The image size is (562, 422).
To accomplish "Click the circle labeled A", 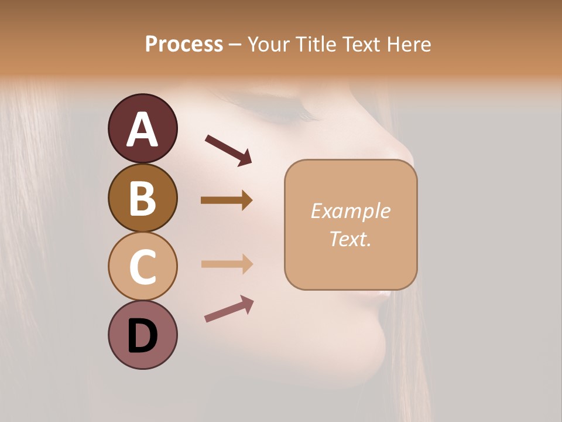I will click(x=142, y=128).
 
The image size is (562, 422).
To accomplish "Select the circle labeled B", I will click(x=142, y=198).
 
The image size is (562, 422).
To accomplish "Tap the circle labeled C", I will click(x=142, y=266).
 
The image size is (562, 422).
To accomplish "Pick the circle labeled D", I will click(x=142, y=335).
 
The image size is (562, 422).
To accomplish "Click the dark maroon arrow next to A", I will click(x=228, y=150).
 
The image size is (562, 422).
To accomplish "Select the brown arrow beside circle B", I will click(x=227, y=200).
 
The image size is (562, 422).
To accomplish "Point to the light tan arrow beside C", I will click(x=227, y=264).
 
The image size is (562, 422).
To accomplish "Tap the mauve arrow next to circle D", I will click(x=229, y=309).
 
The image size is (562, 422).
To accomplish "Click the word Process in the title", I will click(x=184, y=44).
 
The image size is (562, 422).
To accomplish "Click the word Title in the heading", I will click(x=315, y=44).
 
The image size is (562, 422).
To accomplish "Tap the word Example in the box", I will click(x=350, y=211).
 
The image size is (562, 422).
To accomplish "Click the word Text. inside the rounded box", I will click(x=350, y=239).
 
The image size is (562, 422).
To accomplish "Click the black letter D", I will click(x=142, y=337).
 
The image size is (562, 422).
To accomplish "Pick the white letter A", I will click(x=142, y=130).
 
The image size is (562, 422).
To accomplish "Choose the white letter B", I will click(x=142, y=198).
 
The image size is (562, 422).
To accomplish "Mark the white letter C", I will click(x=142, y=267).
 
